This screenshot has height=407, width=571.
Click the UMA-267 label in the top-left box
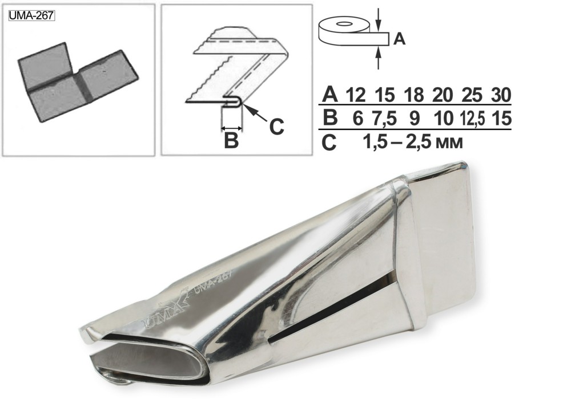[31, 17]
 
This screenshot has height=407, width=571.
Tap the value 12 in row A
[355, 95]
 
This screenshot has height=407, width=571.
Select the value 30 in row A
[501, 95]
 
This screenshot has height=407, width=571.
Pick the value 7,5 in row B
[384, 118]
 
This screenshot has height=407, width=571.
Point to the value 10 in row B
[443, 118]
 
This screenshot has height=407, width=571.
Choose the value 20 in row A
[443, 95]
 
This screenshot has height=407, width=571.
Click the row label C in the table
[329, 143]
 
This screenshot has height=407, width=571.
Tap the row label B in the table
[330, 118]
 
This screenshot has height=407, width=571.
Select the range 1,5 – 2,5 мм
[413, 143]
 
